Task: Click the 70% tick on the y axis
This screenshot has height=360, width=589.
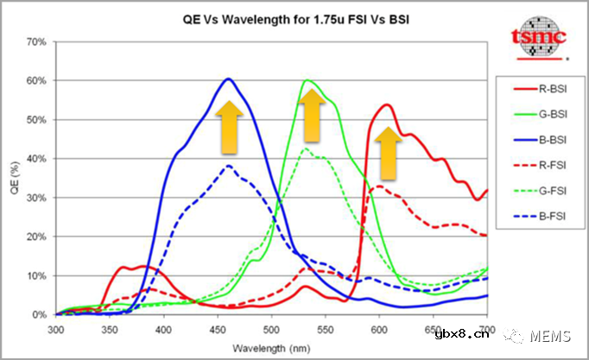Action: point(35,41)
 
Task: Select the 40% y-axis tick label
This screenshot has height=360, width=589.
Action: point(35,159)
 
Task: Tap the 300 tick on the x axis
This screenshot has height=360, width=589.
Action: point(56,330)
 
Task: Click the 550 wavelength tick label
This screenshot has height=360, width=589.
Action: point(326,330)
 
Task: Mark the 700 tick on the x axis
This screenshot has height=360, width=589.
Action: point(487,330)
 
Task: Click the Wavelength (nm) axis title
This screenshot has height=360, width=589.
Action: point(271,347)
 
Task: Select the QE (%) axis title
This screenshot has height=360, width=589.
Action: point(14,178)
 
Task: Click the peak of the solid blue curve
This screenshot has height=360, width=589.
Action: point(229,79)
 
